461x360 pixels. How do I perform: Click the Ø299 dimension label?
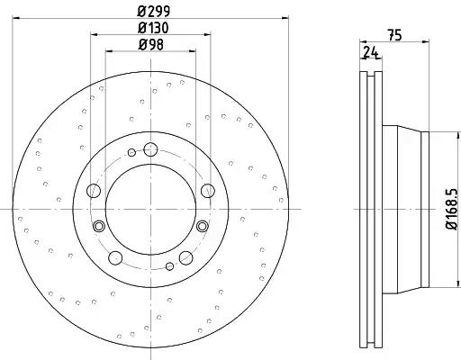pos(154,12)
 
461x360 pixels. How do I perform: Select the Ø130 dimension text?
pos(153,28)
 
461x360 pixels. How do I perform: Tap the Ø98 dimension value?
pos(151,45)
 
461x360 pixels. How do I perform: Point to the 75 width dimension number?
pos(394,35)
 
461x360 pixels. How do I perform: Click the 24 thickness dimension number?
pos(370,52)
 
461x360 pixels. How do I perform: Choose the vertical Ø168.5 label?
pos(453,209)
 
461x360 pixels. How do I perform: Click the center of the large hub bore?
pos(150,209)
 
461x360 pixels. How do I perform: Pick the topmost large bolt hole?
pos(150,149)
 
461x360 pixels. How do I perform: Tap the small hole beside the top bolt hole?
pos(131,153)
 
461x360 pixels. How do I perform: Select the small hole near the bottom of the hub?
pos(170,266)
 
